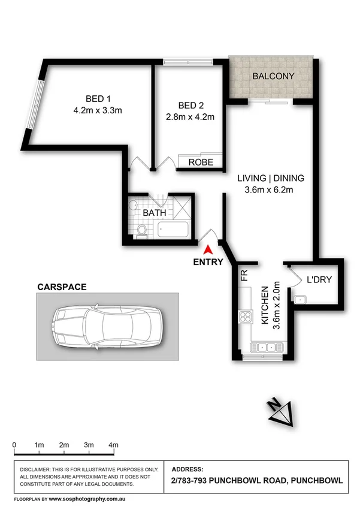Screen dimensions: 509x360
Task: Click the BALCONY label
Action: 273,76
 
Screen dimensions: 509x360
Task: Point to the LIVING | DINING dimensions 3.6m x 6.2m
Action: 271,191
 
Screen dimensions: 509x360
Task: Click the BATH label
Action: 154,212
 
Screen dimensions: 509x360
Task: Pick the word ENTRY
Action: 208,262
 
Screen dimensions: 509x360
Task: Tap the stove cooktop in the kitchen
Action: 246,316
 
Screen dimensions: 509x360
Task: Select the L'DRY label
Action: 319,279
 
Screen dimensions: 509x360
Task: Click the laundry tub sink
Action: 301,299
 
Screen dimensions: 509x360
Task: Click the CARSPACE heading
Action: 62,288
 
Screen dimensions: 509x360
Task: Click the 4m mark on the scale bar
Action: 113,445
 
